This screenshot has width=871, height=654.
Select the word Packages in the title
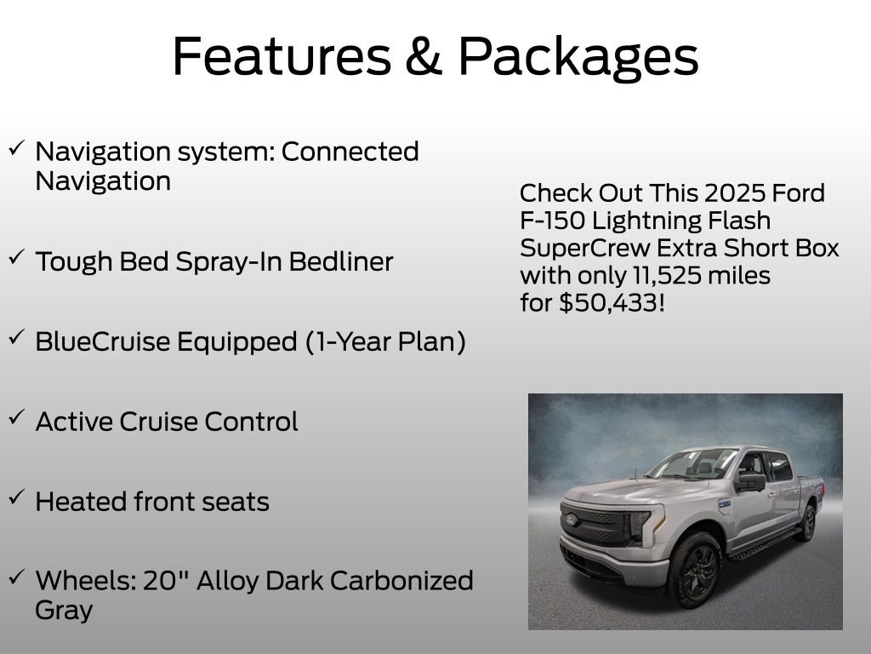click(x=578, y=58)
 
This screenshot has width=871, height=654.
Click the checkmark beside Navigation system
click(x=16, y=149)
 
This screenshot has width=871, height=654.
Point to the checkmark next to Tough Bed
click(x=16, y=258)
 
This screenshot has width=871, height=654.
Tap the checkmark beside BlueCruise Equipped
click(x=16, y=338)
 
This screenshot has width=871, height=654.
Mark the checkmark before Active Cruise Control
click(x=16, y=418)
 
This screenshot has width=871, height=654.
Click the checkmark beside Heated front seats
click(x=16, y=498)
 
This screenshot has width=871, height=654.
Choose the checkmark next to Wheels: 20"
click(x=16, y=578)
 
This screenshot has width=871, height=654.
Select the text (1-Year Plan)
click(x=385, y=341)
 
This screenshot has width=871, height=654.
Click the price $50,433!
click(x=612, y=303)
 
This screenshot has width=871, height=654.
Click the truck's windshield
click(x=693, y=465)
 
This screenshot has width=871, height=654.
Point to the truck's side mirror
click(x=751, y=482)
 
